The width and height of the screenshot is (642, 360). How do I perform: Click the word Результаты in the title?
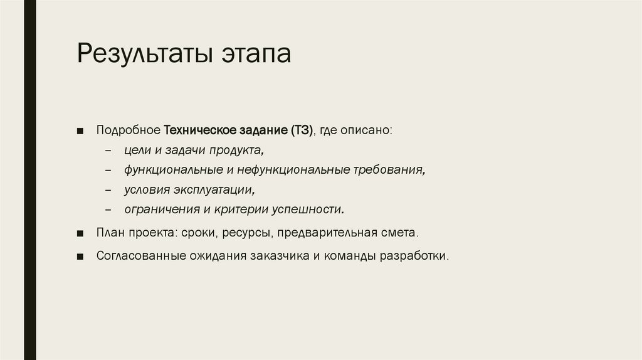pyautogui.click(x=144, y=54)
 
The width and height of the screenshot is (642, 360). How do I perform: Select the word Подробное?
pyautogui.click(x=128, y=131)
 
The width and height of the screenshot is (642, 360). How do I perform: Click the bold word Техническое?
pyautogui.click(x=200, y=131)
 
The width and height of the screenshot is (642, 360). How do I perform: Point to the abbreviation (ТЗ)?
pyautogui.click(x=302, y=131)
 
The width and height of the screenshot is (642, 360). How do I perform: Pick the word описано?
pyautogui.click(x=370, y=131)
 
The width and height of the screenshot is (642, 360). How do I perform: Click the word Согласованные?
pyautogui.click(x=140, y=257)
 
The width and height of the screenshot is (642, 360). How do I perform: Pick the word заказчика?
pyautogui.click(x=280, y=257)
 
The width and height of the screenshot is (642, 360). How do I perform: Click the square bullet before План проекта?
pyautogui.click(x=81, y=233)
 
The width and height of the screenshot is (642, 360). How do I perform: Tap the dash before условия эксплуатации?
pyautogui.click(x=109, y=190)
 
